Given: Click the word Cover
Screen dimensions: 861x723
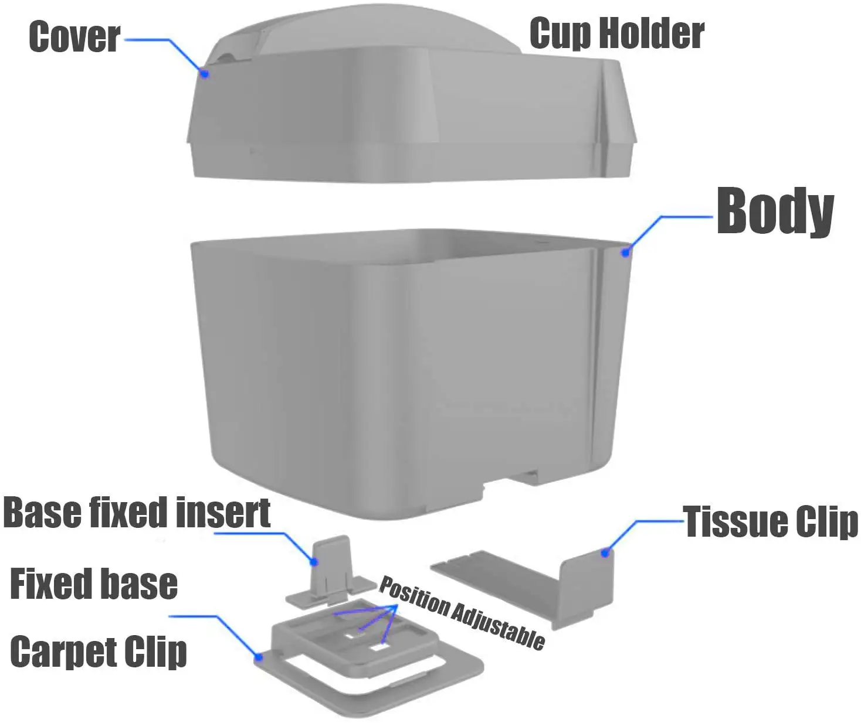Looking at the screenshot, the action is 74,37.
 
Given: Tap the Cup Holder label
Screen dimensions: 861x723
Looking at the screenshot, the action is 617,33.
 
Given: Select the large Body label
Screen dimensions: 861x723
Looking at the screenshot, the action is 775,212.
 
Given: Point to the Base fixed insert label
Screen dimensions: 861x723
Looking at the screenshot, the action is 137,512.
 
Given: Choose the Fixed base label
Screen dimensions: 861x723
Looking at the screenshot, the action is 94,584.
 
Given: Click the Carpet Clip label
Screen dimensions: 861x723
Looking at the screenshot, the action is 98,652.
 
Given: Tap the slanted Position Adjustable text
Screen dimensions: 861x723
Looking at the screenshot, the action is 462,612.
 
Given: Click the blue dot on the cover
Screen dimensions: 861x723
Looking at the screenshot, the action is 205,74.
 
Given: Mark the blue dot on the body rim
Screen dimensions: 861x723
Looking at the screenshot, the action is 626,253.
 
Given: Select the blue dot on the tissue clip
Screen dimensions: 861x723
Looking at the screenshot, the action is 605,553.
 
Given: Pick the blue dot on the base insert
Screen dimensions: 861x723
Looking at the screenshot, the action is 314,561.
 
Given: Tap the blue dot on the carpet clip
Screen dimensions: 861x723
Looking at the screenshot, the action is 259,657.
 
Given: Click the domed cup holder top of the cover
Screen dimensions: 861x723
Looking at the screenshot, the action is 371,29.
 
